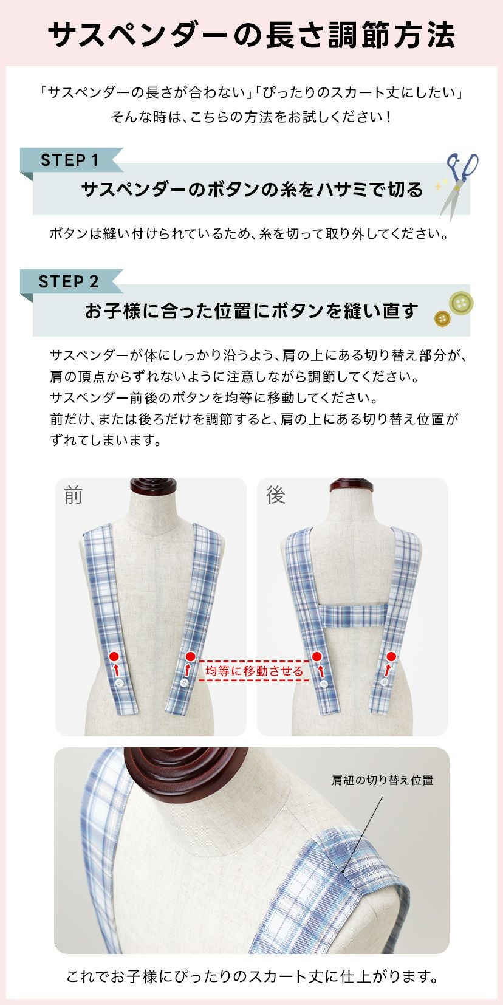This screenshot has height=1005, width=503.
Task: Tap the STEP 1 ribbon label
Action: (x=69, y=160)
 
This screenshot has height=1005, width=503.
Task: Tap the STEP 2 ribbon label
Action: (x=69, y=281)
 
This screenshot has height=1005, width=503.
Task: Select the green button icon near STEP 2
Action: (x=460, y=303)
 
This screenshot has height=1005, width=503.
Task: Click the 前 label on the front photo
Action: (x=73, y=496)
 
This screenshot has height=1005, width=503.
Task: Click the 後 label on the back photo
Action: (x=276, y=496)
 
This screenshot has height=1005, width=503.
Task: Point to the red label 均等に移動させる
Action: (x=254, y=671)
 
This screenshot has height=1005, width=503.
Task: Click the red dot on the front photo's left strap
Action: (x=114, y=656)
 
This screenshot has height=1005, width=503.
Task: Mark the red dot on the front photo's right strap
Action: (x=190, y=656)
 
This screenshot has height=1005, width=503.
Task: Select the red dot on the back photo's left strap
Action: (x=317, y=656)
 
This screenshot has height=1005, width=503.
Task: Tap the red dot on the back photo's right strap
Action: (x=391, y=656)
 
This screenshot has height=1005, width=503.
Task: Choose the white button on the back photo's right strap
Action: (x=384, y=683)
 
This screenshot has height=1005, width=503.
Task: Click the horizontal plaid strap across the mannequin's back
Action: (x=352, y=615)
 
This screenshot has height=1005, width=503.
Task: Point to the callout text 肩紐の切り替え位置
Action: (x=382, y=780)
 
